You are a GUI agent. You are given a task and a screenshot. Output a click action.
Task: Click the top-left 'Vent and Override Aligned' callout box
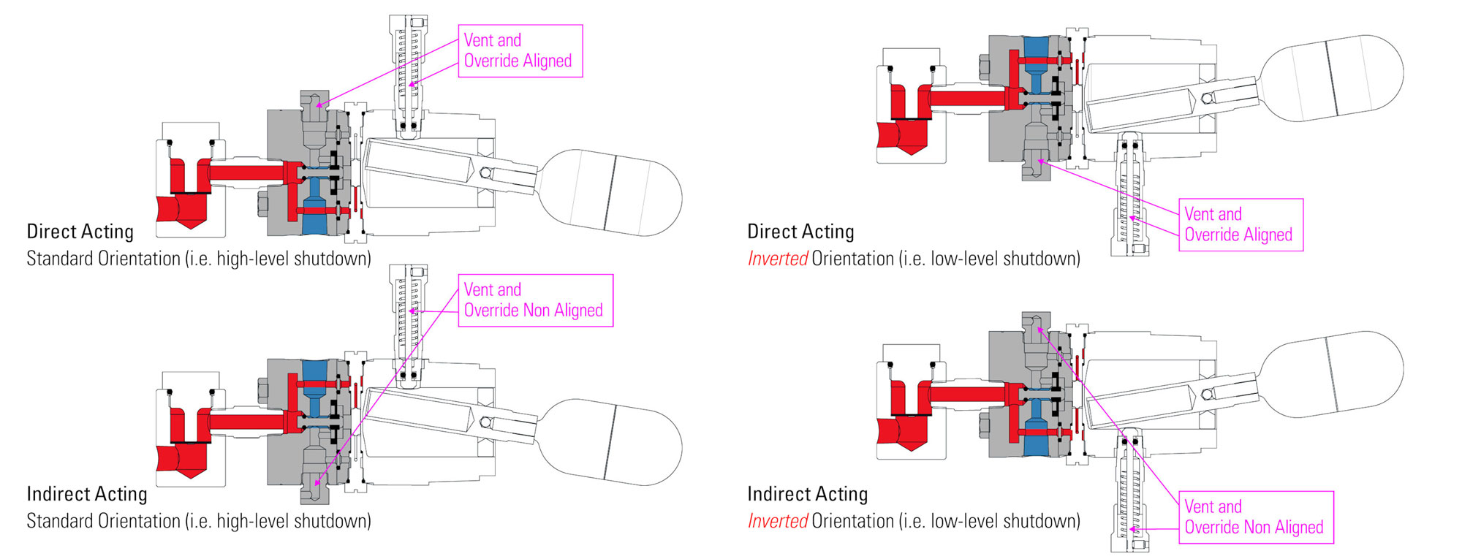(x=520, y=51)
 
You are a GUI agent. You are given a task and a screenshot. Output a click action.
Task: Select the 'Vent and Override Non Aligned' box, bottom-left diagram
(x=534, y=300)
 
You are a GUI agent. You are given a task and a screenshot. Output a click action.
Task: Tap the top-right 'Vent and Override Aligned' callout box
(x=1240, y=225)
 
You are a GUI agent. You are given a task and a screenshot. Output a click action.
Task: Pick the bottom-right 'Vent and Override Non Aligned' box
(x=1255, y=517)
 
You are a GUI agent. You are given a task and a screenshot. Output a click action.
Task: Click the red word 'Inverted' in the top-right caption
(x=777, y=259)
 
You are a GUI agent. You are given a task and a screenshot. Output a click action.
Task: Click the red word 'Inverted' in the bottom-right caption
(x=777, y=521)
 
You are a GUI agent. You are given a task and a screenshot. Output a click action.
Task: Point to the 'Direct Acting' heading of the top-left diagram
(x=80, y=232)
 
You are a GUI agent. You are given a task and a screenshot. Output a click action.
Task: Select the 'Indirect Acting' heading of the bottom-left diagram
(x=86, y=494)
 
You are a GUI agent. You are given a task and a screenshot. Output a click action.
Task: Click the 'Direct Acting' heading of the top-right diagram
(x=800, y=232)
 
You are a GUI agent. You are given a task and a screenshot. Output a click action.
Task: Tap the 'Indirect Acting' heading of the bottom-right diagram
(x=807, y=494)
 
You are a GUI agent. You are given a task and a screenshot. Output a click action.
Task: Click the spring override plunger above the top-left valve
(x=408, y=73)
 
